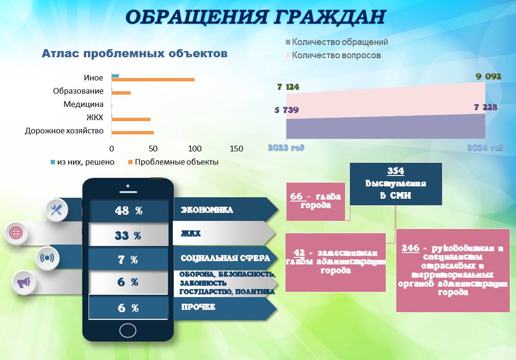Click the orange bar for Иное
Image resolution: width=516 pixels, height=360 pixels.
tap(153, 79)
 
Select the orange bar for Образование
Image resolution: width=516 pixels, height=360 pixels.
tap(121, 93)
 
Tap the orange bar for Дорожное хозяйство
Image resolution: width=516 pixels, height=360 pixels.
tap(133, 133)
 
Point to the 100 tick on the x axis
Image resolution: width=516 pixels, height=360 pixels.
tap(195, 149)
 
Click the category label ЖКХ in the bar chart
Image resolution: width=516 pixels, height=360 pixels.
tap(95, 117)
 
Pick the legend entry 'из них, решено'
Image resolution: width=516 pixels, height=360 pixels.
tap(82, 162)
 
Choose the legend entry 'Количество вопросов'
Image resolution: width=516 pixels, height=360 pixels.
tap(333, 55)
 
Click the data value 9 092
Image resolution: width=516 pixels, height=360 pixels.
tap(489, 77)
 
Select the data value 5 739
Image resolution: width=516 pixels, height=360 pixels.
tap(286, 110)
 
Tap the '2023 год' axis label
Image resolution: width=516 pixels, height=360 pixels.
tap(286, 148)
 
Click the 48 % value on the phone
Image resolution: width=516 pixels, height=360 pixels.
tap(128, 211)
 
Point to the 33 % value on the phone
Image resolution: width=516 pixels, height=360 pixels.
tap(128, 236)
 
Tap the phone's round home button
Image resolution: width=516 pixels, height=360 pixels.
tap(128, 330)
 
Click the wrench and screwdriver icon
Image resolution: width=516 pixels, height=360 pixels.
tap(56, 210)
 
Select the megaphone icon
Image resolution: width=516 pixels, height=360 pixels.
tap(24, 282)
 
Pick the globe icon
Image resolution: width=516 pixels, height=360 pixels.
tap(16, 233)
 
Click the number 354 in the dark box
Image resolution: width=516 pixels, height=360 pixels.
tap(396, 171)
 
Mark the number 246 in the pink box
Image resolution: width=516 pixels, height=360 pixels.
tap(410, 248)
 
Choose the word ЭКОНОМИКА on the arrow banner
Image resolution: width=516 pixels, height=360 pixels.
tap(207, 210)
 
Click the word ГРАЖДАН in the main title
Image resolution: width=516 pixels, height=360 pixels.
tap(330, 17)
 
